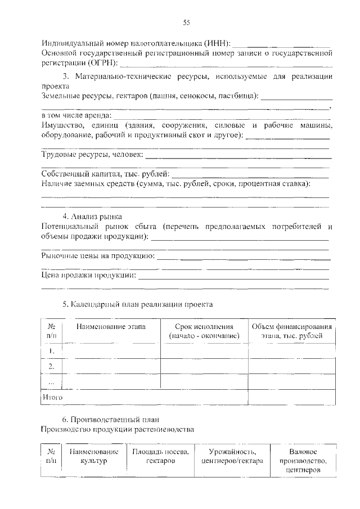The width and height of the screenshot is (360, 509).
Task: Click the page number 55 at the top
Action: pyautogui.click(x=186, y=22)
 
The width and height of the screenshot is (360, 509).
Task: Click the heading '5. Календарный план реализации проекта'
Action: pyautogui.click(x=137, y=304)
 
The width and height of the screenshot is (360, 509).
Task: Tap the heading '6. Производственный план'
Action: pyautogui.click(x=111, y=419)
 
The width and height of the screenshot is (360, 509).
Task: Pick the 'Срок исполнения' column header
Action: pyautogui.click(x=204, y=331)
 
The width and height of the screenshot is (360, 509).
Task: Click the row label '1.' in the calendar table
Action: pyautogui.click(x=51, y=352)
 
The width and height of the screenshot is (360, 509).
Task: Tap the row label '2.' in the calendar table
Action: pyautogui.click(x=51, y=367)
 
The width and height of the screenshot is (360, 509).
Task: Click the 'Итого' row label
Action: pyautogui.click(x=52, y=397)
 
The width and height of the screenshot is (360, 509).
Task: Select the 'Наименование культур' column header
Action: pyautogui.click(x=94, y=456)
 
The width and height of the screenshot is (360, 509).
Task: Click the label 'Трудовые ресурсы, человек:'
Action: pyautogui.click(x=93, y=154)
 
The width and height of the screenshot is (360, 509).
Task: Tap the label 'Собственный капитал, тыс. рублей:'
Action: pyautogui.click(x=106, y=174)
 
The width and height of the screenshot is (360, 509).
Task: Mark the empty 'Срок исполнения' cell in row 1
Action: pyautogui.click(x=204, y=352)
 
